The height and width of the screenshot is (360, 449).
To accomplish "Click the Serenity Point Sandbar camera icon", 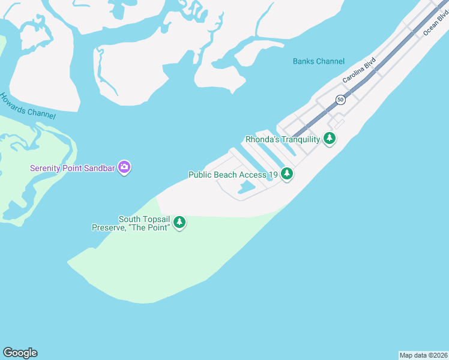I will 124,167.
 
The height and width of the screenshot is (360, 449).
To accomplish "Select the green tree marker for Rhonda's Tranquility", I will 329,139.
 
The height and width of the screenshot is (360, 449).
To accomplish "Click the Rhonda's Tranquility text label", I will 283,139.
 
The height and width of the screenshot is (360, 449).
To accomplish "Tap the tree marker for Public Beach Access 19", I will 288,174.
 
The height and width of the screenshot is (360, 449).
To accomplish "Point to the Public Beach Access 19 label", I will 233,175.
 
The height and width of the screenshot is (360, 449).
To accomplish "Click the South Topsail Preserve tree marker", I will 179,223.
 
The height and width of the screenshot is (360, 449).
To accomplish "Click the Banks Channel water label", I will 319,61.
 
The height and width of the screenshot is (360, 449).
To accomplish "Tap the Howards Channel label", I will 28,106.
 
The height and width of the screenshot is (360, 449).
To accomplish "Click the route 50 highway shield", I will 340,100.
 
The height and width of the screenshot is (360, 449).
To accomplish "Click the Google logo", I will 20,353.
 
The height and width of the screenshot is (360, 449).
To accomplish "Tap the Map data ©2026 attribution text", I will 423,355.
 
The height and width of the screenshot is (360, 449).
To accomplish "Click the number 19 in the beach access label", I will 273,175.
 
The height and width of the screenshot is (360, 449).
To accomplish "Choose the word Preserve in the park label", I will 106,227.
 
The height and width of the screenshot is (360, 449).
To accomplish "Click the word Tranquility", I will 297,139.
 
